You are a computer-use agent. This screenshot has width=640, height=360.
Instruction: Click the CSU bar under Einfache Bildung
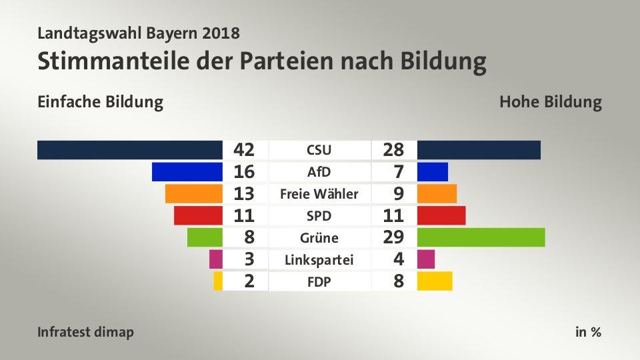(130, 150)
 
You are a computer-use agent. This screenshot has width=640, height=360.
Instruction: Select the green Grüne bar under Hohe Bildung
(481, 237)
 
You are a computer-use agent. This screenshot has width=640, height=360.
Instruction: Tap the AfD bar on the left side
(187, 172)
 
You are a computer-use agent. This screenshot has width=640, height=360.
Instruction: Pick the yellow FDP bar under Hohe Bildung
(435, 281)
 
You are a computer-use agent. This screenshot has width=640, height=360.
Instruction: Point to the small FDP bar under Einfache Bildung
(218, 281)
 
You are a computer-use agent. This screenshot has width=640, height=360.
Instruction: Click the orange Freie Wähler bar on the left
(193, 194)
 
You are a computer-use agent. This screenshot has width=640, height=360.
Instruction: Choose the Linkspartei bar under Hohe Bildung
(426, 259)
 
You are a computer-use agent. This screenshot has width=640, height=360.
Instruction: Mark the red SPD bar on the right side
(441, 216)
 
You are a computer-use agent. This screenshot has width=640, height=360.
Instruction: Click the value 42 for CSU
(245, 150)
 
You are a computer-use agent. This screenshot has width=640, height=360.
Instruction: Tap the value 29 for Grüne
(393, 237)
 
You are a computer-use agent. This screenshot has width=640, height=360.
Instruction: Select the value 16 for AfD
(245, 172)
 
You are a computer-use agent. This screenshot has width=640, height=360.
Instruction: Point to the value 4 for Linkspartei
(398, 259)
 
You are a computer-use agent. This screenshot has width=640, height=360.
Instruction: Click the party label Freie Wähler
(319, 195)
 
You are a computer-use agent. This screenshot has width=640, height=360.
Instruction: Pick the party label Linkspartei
(319, 259)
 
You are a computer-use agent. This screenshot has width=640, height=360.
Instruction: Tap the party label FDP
(319, 281)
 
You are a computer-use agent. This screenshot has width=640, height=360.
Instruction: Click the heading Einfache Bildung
(101, 103)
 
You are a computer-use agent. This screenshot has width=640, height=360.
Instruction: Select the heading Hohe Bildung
(550, 103)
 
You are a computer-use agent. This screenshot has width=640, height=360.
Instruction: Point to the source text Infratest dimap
(85, 332)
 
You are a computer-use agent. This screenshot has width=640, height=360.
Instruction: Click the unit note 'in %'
(588, 332)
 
